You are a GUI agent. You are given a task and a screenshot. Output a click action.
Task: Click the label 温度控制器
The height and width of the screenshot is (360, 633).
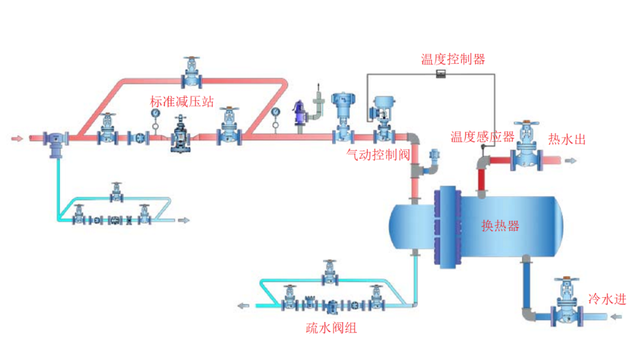pyautogui.click(x=452, y=59)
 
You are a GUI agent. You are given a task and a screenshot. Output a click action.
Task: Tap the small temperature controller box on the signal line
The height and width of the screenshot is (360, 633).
pyautogui.click(x=441, y=73)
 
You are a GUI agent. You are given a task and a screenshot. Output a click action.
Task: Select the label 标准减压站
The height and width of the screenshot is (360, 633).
pyautogui.click(x=182, y=102)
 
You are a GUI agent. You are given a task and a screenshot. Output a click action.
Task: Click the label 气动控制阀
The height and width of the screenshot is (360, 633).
pyautogui.click(x=378, y=154)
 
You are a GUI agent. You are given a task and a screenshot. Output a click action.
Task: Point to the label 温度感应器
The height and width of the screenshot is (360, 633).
pyautogui.click(x=482, y=137)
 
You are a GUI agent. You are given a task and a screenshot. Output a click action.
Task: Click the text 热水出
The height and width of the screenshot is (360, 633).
pyautogui.click(x=567, y=139)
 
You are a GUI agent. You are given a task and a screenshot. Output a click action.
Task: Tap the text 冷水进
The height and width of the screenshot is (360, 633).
pyautogui.click(x=607, y=299)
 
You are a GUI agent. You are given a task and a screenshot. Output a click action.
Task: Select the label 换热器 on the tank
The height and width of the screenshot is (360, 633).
pyautogui.click(x=500, y=226)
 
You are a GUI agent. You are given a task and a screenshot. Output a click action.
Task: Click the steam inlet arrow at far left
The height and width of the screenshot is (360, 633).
pyautogui.click(x=18, y=138)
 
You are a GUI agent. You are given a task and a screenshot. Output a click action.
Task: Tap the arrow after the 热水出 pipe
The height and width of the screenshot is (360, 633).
pyautogui.click(x=571, y=159)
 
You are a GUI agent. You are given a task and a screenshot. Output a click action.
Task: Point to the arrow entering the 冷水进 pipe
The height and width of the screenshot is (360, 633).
pyautogui.click(x=615, y=317)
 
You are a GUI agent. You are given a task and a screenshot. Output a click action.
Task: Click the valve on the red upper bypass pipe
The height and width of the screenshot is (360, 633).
pyautogui.click(x=192, y=72)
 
